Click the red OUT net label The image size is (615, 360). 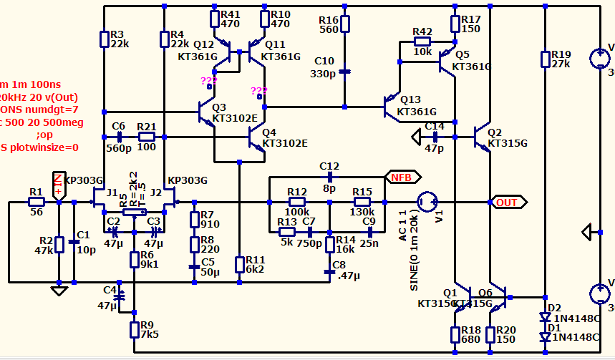(505, 203)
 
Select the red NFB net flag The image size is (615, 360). (398, 176)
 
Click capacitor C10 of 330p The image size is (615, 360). (344, 71)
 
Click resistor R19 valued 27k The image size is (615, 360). (545, 59)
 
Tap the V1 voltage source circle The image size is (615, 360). (428, 203)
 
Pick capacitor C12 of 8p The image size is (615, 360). (330, 176)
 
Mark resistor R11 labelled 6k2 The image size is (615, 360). (240, 264)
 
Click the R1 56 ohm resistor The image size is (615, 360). (36, 203)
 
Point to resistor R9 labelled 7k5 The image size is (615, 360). (134, 330)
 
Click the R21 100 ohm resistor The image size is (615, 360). (147, 136)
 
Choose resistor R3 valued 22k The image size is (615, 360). (105, 39)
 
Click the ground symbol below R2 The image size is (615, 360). (59, 291)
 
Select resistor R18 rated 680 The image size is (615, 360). (455, 334)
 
